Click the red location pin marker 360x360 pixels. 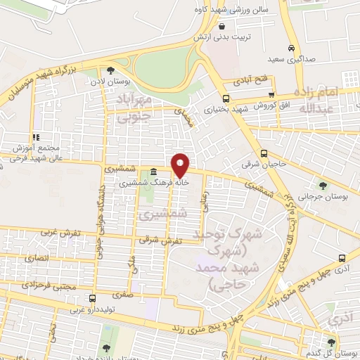click(x=181, y=165)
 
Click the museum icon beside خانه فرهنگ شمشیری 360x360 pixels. click(x=154, y=171)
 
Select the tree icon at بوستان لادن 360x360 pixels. click(x=110, y=70)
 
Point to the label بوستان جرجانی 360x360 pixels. click(x=323, y=198)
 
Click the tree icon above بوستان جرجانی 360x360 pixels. click(x=323, y=186)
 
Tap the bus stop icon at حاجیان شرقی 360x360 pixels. click(x=264, y=154)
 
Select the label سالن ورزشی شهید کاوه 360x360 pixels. click(x=226, y=12)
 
